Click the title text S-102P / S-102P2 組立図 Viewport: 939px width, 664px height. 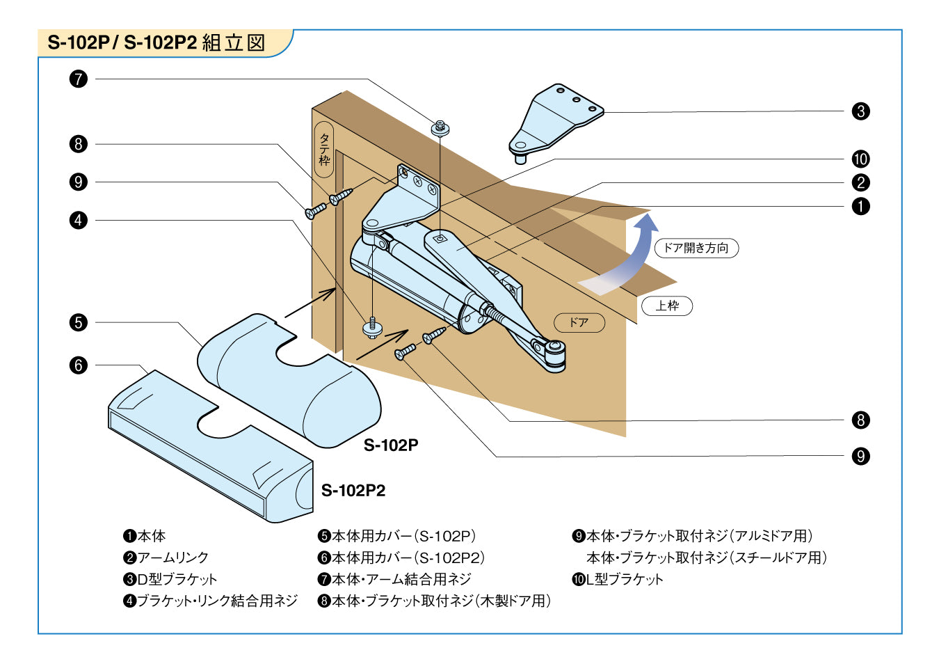click(x=156, y=42)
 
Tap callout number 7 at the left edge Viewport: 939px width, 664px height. click(x=79, y=79)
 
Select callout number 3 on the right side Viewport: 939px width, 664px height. click(x=860, y=111)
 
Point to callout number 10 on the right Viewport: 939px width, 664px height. click(x=860, y=159)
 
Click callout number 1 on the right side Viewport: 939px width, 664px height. click(x=860, y=206)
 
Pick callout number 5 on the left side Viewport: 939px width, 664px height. click(x=79, y=322)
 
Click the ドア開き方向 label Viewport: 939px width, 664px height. click(x=696, y=248)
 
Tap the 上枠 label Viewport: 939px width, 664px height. click(x=667, y=306)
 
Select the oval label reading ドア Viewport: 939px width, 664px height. click(x=579, y=322)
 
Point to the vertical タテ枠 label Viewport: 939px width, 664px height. click(x=324, y=150)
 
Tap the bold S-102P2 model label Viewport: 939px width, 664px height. click(x=353, y=491)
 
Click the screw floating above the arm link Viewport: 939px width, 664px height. click(x=440, y=128)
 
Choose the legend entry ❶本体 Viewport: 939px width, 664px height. click(x=145, y=536)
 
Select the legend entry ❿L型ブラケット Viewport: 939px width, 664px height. click(x=618, y=579)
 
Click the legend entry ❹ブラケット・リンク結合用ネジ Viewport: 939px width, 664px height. click(x=210, y=601)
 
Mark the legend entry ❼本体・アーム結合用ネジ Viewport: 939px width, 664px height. click(x=394, y=579)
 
